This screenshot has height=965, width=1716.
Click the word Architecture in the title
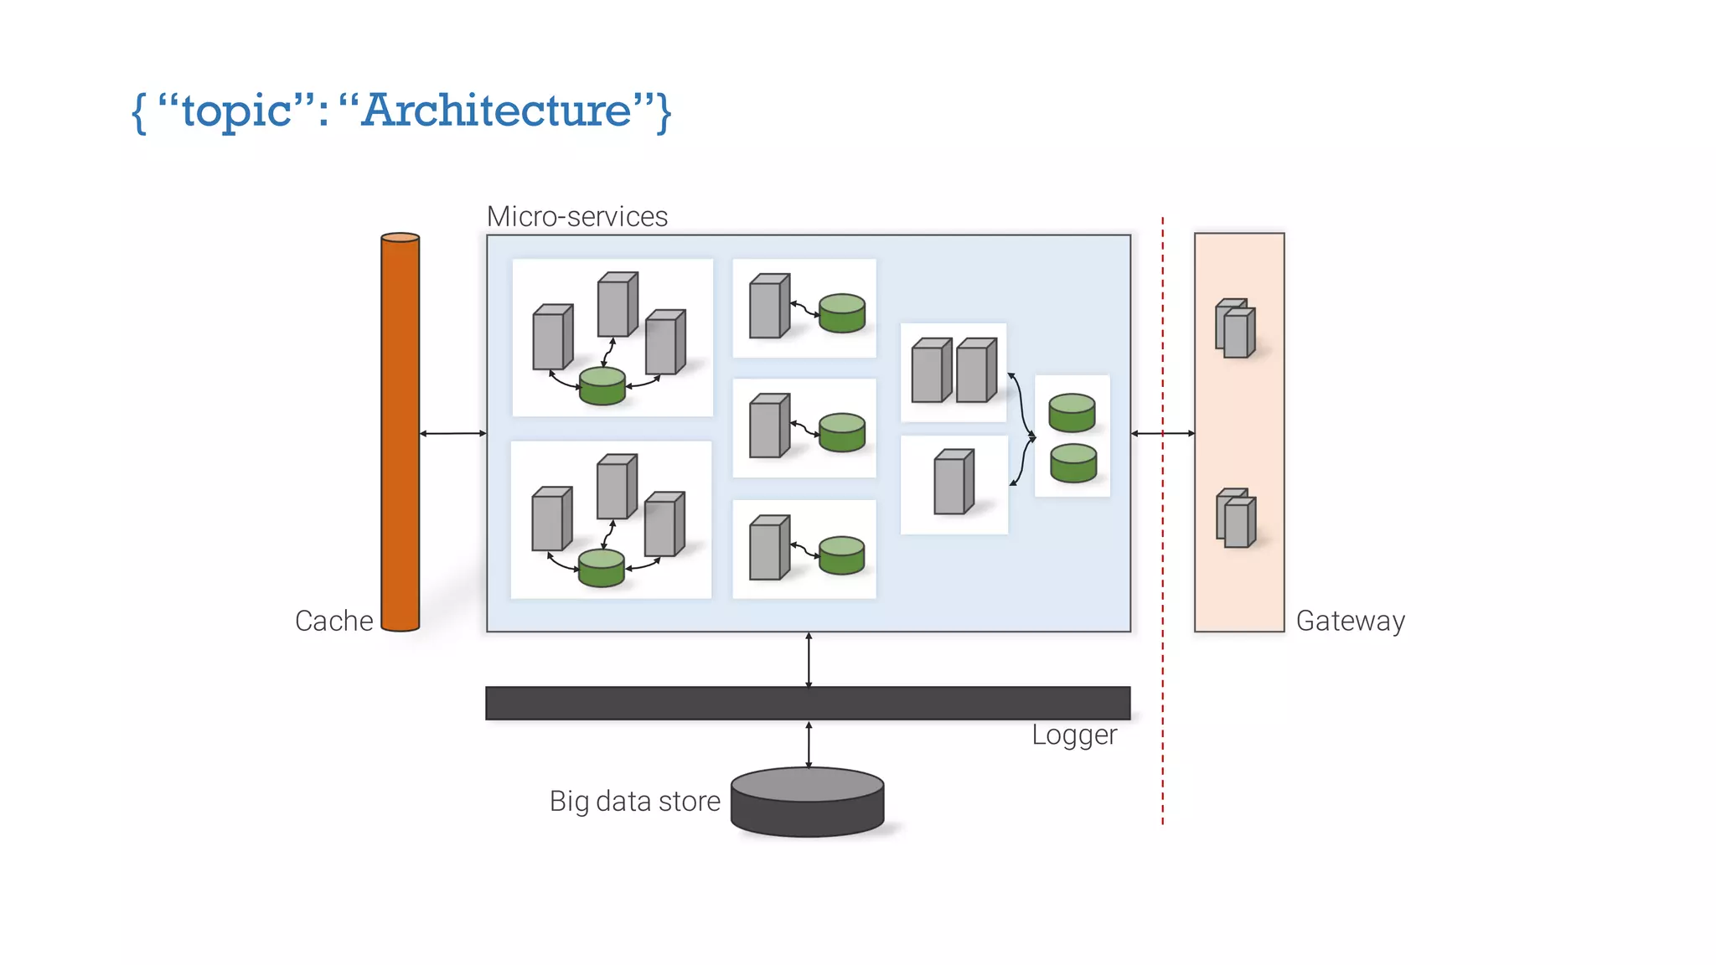click(497, 110)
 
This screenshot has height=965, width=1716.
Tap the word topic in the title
click(236, 111)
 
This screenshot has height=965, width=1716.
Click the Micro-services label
click(576, 216)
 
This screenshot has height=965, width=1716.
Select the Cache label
click(333, 621)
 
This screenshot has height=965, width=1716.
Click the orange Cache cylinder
click(400, 432)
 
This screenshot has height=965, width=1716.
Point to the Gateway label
click(1350, 621)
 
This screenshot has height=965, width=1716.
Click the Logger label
click(1073, 735)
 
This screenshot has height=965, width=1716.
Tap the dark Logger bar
click(808, 704)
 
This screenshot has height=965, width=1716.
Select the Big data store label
click(634, 801)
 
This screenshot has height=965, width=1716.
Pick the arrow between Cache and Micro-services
click(452, 433)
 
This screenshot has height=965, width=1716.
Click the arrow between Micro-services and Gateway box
click(1162, 433)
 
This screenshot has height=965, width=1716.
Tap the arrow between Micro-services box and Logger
click(809, 659)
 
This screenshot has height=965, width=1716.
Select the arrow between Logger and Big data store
click(809, 744)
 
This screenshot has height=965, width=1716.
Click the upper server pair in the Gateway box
click(1236, 328)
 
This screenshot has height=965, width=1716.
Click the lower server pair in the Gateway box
click(1237, 519)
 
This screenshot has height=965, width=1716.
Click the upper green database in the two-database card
click(1072, 413)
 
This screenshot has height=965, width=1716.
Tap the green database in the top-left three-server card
click(602, 386)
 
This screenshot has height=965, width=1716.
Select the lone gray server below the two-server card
click(954, 482)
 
